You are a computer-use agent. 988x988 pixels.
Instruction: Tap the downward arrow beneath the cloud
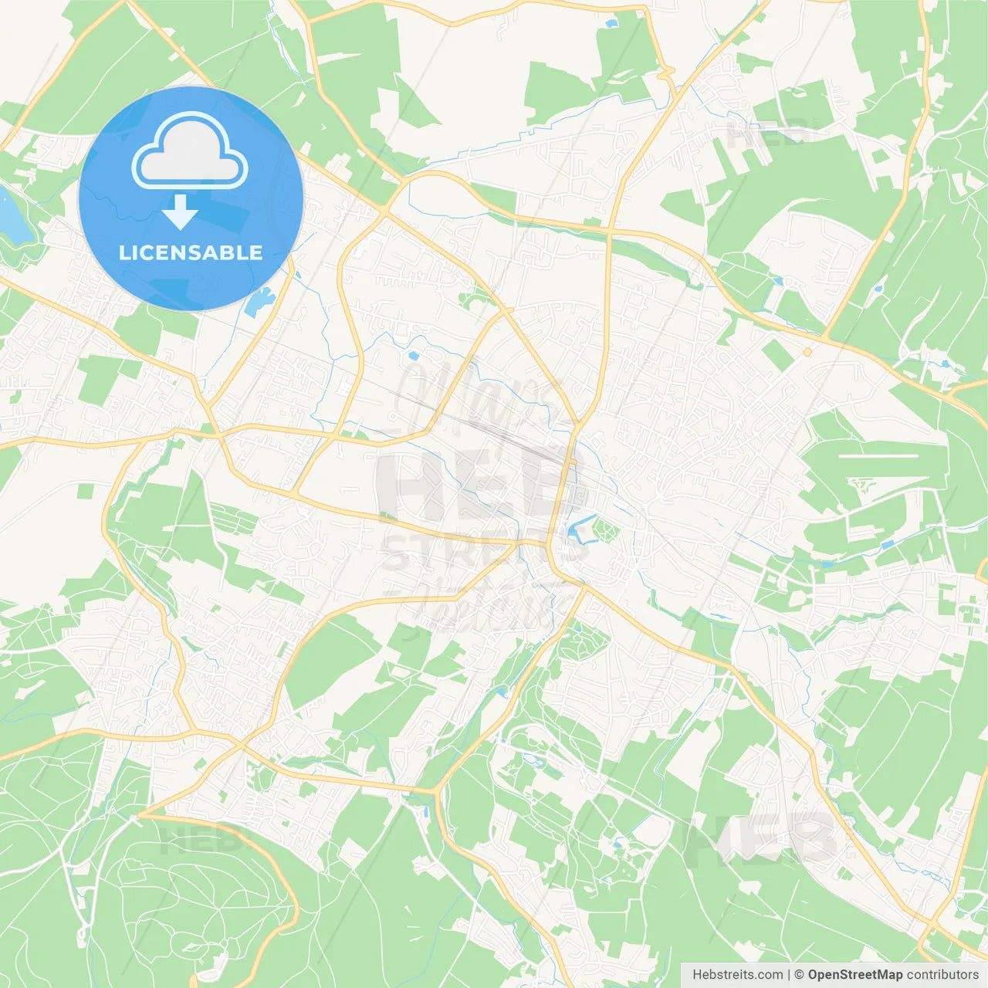pyautogui.click(x=180, y=212)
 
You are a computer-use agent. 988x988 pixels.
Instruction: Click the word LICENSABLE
pyautogui.click(x=191, y=252)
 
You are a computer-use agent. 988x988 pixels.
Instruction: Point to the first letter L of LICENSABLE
pyautogui.click(x=124, y=252)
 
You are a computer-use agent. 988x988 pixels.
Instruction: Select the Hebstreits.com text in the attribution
pyautogui.click(x=737, y=975)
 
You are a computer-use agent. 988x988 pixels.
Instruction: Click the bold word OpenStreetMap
pyautogui.click(x=854, y=975)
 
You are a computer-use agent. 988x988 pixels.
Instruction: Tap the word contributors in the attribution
pyautogui.click(x=942, y=975)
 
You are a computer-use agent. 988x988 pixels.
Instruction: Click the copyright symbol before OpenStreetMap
pyautogui.click(x=799, y=975)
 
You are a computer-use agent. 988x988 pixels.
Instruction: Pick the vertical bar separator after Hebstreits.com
pyautogui.click(x=788, y=975)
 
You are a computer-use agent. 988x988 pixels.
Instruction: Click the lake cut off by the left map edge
pyautogui.click(x=9, y=216)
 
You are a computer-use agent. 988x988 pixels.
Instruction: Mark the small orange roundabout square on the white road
pyautogui.click(x=807, y=352)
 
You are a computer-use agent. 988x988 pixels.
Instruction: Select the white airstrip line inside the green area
pyautogui.click(x=878, y=456)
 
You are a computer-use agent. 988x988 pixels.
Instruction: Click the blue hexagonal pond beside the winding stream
pyautogui.click(x=414, y=357)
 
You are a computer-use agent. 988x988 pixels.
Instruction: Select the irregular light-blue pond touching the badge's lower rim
pyautogui.click(x=258, y=303)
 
